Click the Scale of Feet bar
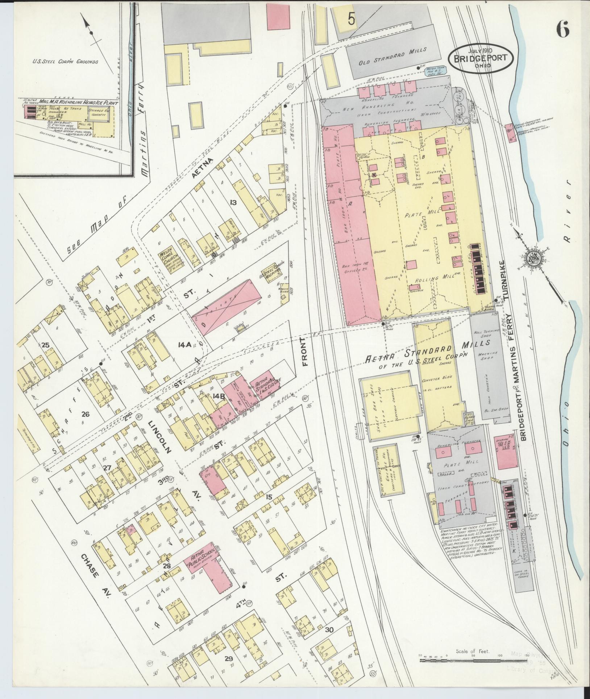pyautogui.click(x=473, y=661)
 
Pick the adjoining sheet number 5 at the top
pyautogui.click(x=351, y=19)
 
